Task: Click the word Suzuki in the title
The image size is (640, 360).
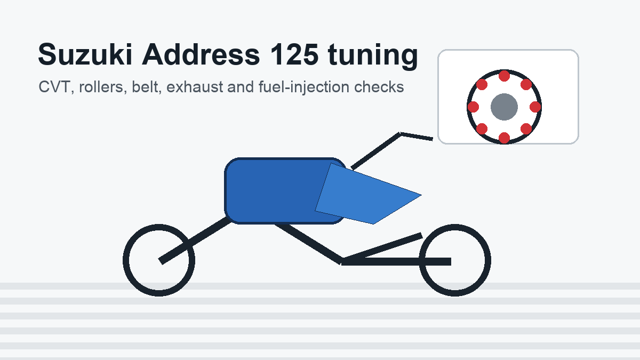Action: pos(85,54)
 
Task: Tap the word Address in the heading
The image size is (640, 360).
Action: pos(201,54)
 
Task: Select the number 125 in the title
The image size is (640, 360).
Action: pos(294,54)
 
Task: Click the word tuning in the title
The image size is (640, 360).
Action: pos(373,56)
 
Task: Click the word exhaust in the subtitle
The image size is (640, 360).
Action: pos(195,87)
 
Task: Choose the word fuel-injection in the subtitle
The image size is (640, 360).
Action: pos(304,87)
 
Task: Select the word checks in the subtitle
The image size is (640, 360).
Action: pos(379,87)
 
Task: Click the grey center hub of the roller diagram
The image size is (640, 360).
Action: pos(505,107)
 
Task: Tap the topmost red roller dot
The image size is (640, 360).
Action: pos(505,76)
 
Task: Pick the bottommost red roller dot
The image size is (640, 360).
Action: pos(505,138)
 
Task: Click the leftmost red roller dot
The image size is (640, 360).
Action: pos(474,107)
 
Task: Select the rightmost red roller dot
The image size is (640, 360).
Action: pos(535,107)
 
